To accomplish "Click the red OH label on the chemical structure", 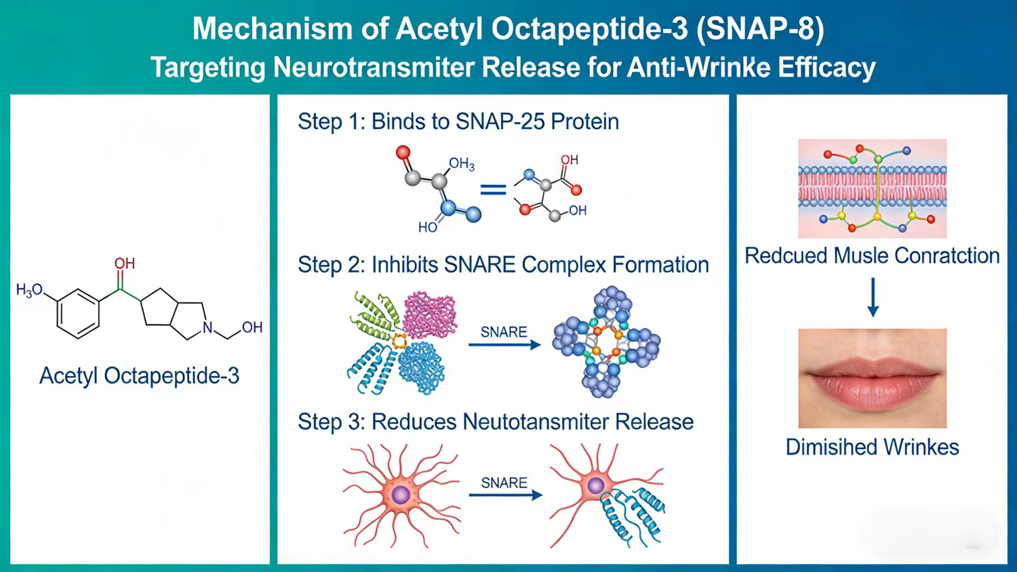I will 124,263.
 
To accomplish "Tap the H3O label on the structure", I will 29,290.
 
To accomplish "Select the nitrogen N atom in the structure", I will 207,328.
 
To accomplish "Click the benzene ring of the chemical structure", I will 78,313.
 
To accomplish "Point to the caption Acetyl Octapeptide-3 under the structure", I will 139,375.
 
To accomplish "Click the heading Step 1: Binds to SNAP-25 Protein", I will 458,121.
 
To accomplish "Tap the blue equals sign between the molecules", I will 493,190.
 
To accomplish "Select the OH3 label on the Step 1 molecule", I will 461,164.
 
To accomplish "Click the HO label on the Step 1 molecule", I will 427,228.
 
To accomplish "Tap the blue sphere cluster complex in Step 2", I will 606,342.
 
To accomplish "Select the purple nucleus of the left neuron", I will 401,494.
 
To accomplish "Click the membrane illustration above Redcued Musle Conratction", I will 872,188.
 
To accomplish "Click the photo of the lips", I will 872,377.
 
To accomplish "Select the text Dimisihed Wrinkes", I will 872,447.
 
